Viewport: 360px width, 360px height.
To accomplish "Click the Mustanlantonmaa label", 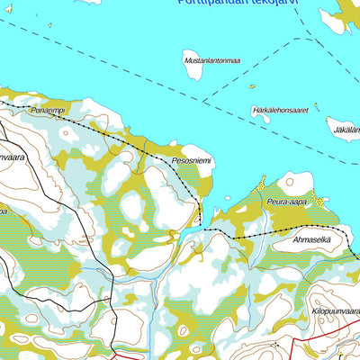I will (211, 60).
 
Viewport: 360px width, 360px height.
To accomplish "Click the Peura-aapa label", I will (286, 202).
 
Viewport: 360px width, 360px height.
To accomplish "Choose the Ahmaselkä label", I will (310, 238).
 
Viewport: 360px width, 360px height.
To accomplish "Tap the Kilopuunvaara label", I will (335, 310).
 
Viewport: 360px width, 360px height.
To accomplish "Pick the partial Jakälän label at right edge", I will (346, 129).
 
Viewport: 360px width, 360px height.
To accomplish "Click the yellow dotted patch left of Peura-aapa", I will (261, 184).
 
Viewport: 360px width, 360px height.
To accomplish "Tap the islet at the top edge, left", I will (90, 2).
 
